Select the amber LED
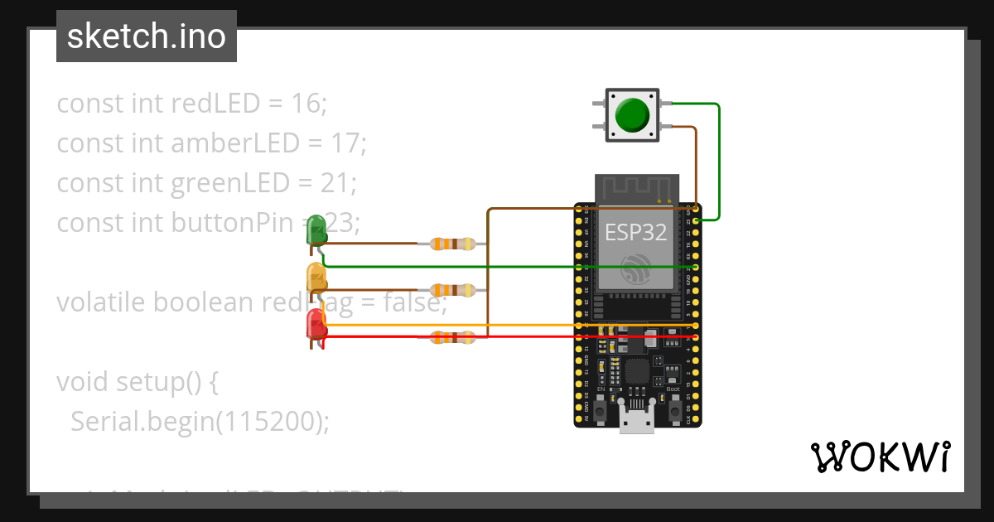coord(316,278)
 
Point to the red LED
coord(316,323)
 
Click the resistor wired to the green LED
coord(452,244)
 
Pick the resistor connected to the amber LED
coord(452,290)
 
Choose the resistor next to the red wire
coord(452,336)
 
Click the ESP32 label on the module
coord(636,232)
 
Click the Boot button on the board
coord(675,410)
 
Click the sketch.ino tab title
coord(147,36)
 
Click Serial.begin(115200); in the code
coord(200,422)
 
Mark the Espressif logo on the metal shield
coord(636,267)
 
